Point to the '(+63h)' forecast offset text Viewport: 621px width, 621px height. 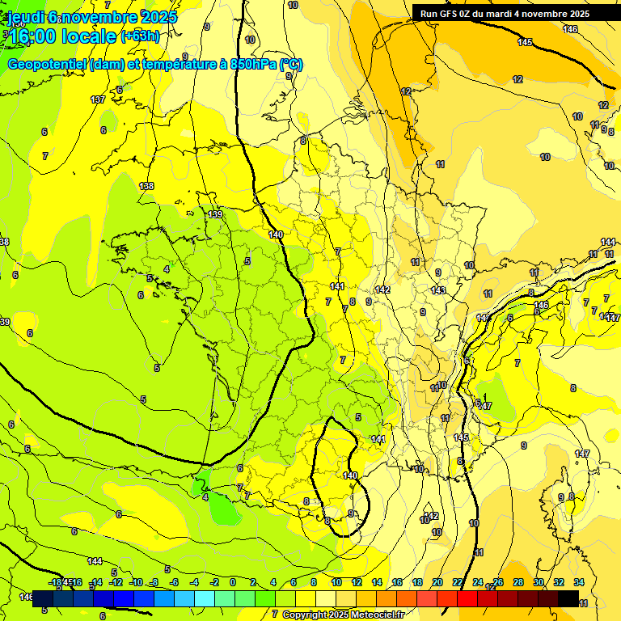pyautogui.click(x=140, y=36)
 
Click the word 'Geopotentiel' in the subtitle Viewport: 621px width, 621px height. pyautogui.click(x=48, y=65)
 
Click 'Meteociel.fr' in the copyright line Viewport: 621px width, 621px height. pyautogui.click(x=374, y=615)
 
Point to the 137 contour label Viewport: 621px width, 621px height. pyautogui.click(x=98, y=99)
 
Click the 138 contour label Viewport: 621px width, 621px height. pyautogui.click(x=146, y=186)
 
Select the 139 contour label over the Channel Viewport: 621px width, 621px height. pyautogui.click(x=214, y=214)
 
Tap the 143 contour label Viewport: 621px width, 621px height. pyautogui.click(x=438, y=290)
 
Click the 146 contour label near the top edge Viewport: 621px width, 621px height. pyautogui.click(x=570, y=29)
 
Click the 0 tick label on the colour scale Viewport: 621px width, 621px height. pyautogui.click(x=232, y=582)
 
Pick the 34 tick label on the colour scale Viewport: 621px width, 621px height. pyautogui.click(x=579, y=582)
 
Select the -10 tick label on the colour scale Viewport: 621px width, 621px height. pyautogui.click(x=136, y=582)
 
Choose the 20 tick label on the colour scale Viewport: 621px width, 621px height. pyautogui.click(x=437, y=582)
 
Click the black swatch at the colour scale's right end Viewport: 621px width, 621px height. pyautogui.click(x=568, y=598)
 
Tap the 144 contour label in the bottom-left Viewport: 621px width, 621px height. pyautogui.click(x=95, y=561)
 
